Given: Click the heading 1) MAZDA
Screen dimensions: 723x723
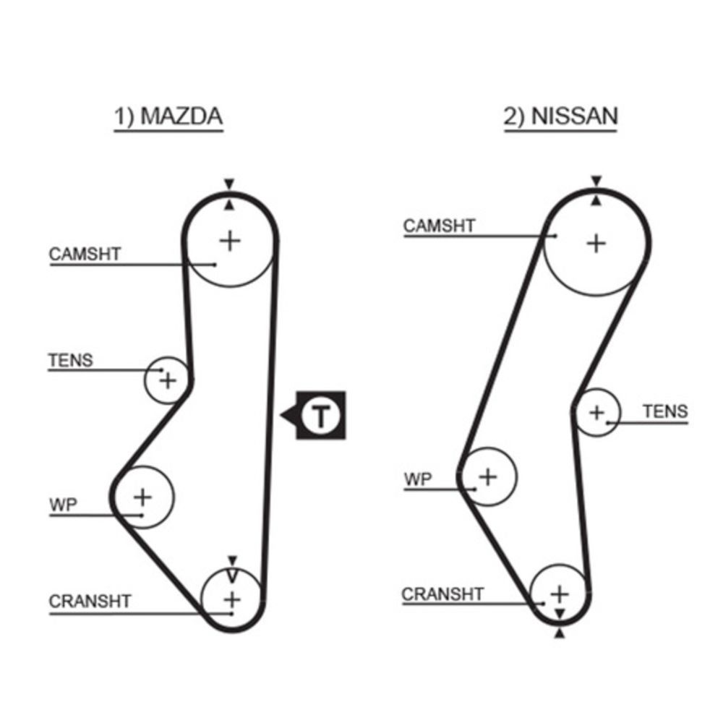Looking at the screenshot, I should coord(168,117).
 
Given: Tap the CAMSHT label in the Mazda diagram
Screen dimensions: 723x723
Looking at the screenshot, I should coord(85,254).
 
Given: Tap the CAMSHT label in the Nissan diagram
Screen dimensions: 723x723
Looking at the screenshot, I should coord(439,226).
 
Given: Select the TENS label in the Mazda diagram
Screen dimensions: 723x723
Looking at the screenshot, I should coord(71,360).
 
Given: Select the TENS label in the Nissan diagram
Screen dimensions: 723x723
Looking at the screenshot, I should coord(665,411).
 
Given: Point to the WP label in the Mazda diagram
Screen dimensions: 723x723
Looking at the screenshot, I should coord(63,505).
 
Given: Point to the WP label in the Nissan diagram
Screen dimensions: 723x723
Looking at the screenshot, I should coord(417,479).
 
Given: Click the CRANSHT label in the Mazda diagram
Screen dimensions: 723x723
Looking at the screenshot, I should coord(90,601).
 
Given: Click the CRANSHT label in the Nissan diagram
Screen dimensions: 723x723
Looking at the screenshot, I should coord(442,594).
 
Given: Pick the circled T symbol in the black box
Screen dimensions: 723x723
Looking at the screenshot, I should coord(320,416).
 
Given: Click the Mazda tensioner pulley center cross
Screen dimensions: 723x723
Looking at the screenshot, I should coord(168,380).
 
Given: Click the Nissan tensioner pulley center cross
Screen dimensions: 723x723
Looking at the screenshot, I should coord(596,413).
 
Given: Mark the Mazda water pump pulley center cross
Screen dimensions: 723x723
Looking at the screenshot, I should coord(143,497).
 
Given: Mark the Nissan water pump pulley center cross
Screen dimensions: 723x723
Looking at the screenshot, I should coord(489,476).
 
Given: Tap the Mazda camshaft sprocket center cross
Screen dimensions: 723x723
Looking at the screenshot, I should coord(230,240).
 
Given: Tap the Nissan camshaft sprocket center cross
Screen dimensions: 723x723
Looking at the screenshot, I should coord(596,244).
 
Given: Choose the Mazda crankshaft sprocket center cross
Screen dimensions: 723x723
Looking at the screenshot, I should coord(231,599).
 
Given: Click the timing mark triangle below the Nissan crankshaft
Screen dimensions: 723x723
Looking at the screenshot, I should coord(560,633).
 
